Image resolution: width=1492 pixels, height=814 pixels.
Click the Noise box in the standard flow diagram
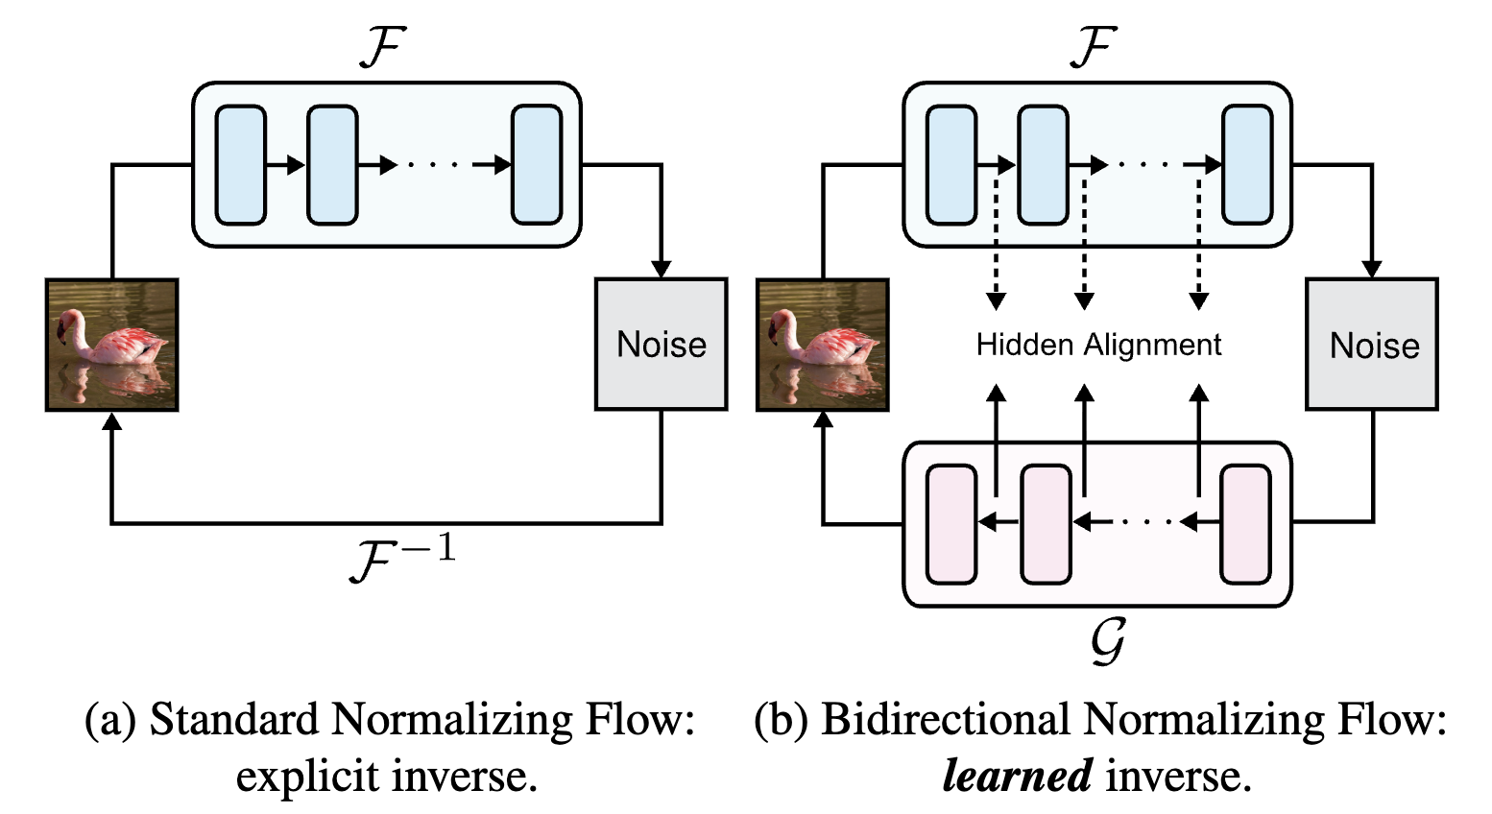[661, 344]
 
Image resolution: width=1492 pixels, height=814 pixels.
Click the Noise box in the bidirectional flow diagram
[1373, 344]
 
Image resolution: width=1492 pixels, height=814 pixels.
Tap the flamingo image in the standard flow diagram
[112, 344]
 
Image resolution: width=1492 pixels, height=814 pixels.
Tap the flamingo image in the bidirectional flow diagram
[823, 344]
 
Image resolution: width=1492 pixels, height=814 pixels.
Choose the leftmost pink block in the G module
[951, 524]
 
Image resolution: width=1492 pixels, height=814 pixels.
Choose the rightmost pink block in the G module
[1245, 524]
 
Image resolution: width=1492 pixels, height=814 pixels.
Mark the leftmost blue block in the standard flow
[240, 165]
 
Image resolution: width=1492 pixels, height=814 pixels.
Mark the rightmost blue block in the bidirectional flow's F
[1247, 165]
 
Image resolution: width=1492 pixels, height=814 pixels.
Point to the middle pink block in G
[1046, 524]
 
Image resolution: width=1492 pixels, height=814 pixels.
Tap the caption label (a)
[112, 720]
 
